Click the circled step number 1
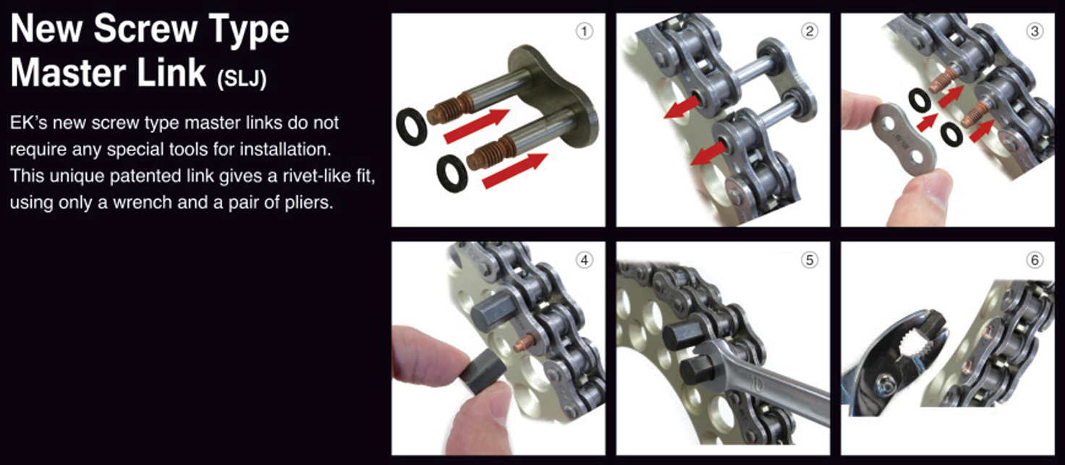[x=585, y=31]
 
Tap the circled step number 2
[x=809, y=31]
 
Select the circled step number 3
[x=1034, y=31]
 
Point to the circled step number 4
[x=585, y=260]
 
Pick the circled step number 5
[x=809, y=260]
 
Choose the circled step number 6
[x=1034, y=260]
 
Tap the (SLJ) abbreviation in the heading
[x=242, y=78]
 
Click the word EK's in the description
[x=28, y=123]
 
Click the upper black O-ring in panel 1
[x=411, y=127]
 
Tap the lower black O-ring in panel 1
[x=451, y=174]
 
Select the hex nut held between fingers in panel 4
[x=483, y=370]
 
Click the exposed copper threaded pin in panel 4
[x=526, y=341]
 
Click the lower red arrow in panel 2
[x=708, y=155]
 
